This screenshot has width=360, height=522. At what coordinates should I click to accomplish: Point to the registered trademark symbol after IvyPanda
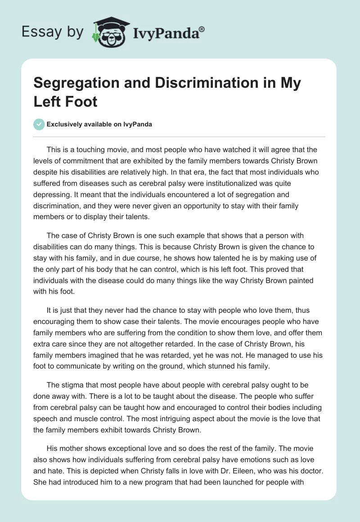tap(202, 29)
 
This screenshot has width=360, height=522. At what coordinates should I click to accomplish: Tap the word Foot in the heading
tap(82, 101)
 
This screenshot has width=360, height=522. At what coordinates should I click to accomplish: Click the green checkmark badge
tap(39, 124)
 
